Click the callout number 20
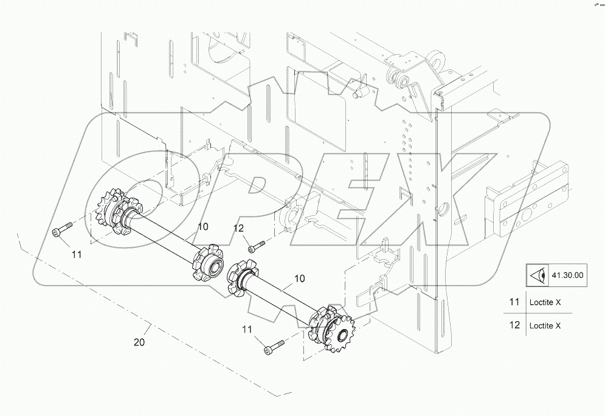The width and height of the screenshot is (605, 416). (139, 343)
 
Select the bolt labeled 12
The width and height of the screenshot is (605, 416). (257, 246)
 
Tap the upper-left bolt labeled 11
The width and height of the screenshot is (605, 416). (62, 230)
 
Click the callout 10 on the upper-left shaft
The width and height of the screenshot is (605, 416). (203, 226)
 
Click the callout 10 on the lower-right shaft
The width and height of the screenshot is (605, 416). (299, 278)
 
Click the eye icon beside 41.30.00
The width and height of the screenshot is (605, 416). (536, 276)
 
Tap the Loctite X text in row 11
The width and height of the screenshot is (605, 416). (545, 302)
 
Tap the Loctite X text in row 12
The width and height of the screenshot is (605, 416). (545, 325)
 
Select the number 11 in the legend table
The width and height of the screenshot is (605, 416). (514, 302)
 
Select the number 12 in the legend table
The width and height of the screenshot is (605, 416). (514, 325)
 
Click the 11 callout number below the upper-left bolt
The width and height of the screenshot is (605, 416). (75, 255)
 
